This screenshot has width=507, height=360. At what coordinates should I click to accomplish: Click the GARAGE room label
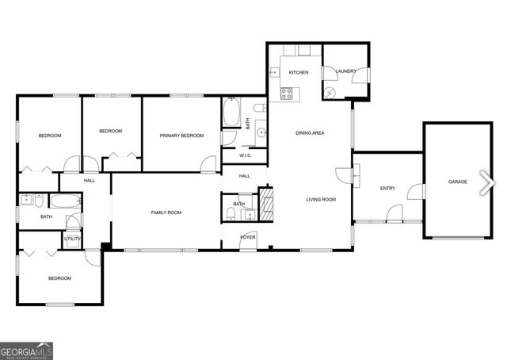(458, 182)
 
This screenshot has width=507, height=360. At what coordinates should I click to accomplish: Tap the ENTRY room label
(387, 188)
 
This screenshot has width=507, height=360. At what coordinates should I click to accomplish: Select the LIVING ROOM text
(322, 199)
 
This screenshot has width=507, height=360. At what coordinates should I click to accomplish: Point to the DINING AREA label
(310, 132)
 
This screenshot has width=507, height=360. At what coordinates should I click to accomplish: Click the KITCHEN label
(298, 73)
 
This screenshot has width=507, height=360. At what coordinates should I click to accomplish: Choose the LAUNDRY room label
(345, 71)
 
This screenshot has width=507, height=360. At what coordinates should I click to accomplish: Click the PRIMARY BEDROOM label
(181, 136)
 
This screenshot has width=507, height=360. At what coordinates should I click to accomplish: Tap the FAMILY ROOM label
(166, 213)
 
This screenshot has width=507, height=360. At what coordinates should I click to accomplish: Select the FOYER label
(249, 237)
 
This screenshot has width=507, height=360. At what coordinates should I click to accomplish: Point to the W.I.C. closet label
(245, 155)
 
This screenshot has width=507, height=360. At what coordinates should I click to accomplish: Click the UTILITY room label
(72, 238)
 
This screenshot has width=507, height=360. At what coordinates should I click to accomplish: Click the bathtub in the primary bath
(232, 113)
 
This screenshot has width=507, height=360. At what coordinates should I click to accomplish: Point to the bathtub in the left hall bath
(65, 201)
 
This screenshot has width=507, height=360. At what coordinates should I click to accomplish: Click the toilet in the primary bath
(259, 108)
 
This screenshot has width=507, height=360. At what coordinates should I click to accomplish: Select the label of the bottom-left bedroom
(59, 278)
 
